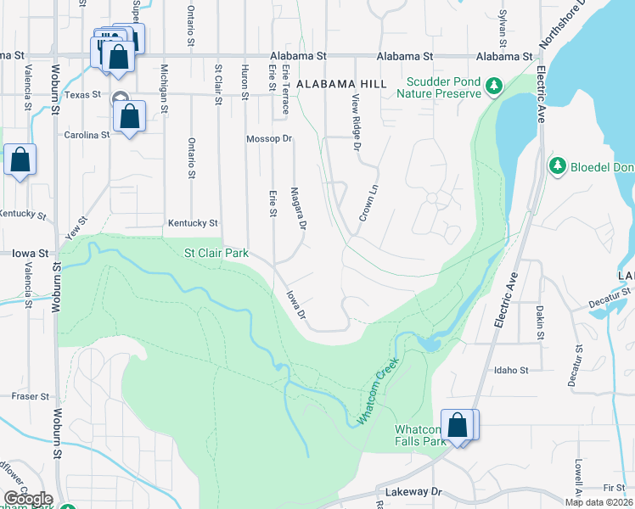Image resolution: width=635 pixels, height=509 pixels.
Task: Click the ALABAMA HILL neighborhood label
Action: [342, 83]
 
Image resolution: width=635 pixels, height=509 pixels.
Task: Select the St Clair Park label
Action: [216, 253]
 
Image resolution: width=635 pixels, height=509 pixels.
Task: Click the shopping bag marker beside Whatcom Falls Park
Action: [458, 427]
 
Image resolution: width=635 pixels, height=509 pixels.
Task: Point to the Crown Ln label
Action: [368, 203]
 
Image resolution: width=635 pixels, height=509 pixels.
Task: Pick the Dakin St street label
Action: [540, 323]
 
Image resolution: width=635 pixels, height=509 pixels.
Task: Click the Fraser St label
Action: [31, 396]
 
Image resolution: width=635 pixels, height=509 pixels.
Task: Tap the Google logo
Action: [28, 499]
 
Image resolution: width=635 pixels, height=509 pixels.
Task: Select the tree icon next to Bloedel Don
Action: [558, 165]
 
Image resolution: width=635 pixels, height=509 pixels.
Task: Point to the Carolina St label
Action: [87, 134]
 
